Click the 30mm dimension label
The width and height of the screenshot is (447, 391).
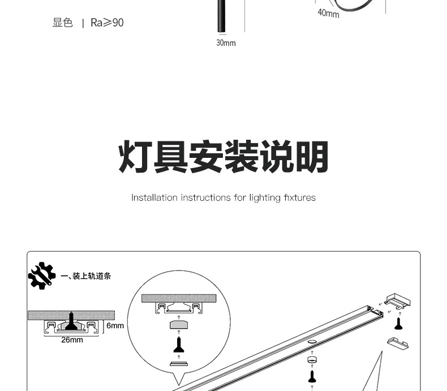coord(226,43)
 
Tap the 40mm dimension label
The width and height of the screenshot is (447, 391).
coord(328,12)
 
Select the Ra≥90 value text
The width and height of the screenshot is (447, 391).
coord(107,23)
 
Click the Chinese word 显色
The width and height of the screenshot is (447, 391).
coord(63,23)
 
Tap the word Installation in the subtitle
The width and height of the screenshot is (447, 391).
coord(154,197)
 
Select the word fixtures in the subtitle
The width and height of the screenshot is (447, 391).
coord(299,197)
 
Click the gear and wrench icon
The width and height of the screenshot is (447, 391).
coord(42,276)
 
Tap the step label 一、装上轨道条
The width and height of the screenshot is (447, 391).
coord(85,276)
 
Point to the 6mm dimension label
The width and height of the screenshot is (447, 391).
coord(115,325)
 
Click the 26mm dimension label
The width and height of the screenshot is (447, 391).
coord(72,340)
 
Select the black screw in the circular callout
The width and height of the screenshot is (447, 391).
coord(178,345)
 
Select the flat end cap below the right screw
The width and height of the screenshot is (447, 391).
coord(398,343)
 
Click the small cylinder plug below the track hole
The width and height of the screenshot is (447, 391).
coord(311,360)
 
